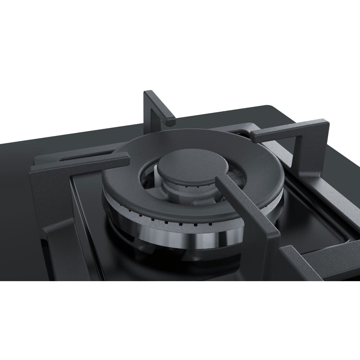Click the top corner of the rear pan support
[147, 93]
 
